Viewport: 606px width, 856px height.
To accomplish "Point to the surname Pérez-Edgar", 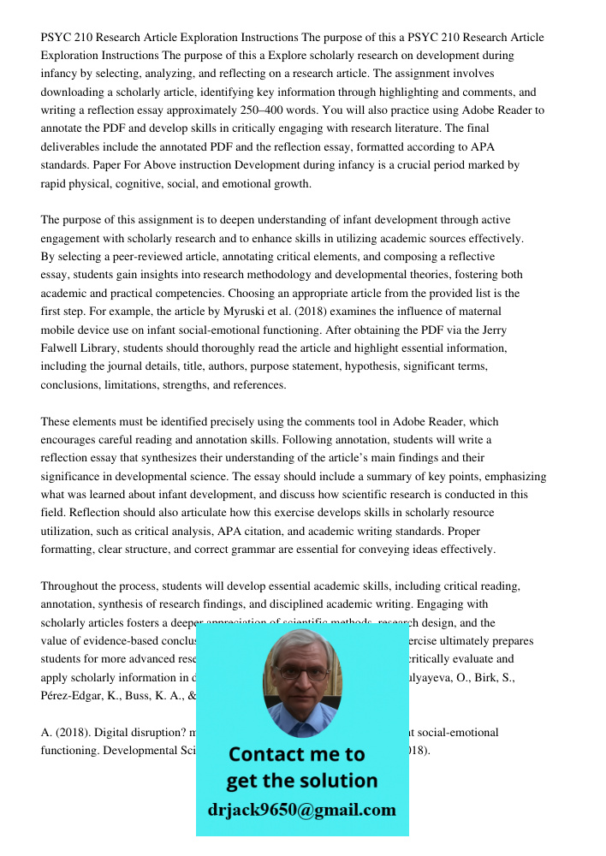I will click(73, 696).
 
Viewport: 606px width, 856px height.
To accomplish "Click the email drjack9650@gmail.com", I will click(301, 810).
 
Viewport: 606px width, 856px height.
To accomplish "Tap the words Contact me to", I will click(296, 754).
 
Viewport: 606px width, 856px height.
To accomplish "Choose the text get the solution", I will click(301, 781).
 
